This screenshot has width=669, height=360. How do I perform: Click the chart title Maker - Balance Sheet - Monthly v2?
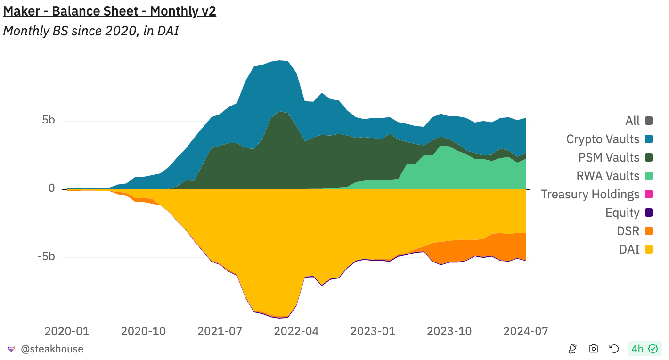(109, 11)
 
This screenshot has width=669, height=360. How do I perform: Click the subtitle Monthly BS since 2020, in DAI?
(91, 31)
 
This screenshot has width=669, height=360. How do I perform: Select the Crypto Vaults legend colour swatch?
(649, 139)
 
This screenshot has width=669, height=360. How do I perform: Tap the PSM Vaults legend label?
(609, 157)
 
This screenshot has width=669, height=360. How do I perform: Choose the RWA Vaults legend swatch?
(649, 176)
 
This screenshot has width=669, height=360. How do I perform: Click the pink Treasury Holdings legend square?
(649, 194)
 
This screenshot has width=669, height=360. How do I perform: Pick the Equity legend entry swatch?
(649, 213)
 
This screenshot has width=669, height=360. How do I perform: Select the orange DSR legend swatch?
(649, 231)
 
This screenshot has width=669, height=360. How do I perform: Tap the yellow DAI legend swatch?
(649, 249)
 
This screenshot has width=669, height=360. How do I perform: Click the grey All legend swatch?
(649, 121)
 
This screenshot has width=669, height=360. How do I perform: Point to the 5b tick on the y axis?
(49, 120)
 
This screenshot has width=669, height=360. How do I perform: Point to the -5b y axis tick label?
(46, 257)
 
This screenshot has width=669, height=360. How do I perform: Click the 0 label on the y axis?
(52, 188)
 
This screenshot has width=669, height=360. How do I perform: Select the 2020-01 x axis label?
(67, 331)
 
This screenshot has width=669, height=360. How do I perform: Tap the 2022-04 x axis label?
(296, 331)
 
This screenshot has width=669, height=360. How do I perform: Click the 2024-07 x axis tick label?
(526, 331)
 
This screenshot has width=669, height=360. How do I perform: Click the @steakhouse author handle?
(52, 349)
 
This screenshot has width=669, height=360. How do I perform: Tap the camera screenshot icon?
(594, 349)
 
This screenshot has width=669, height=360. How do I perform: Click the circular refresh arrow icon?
(614, 349)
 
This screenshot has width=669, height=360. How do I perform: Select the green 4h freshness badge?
(645, 349)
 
